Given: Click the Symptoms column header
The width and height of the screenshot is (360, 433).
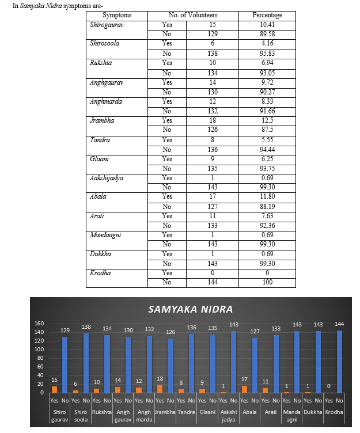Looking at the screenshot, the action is click(x=117, y=15).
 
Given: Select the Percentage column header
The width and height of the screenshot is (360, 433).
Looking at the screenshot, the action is click(x=267, y=15).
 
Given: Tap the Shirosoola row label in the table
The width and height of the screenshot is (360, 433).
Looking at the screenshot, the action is click(x=104, y=43).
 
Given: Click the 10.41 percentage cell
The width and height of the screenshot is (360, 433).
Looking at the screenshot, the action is click(x=267, y=25).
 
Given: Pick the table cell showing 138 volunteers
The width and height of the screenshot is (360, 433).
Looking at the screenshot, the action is click(x=213, y=54).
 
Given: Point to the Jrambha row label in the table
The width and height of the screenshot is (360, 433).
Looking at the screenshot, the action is click(x=102, y=120).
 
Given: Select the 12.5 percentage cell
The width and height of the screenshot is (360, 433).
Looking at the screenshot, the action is click(x=267, y=120).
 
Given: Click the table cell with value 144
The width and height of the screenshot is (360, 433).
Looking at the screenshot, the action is click(x=213, y=282).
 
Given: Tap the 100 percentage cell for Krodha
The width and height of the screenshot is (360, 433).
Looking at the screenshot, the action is click(x=267, y=282).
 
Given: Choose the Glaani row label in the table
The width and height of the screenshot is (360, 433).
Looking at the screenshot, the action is click(x=99, y=159).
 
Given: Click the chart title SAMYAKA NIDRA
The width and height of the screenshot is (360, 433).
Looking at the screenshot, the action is click(x=190, y=309).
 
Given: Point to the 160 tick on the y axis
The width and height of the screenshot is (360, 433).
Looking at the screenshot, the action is click(x=39, y=324).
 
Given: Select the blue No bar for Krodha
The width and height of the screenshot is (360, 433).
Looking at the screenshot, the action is click(x=339, y=362).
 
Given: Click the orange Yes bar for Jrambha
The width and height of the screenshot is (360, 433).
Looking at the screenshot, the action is click(x=160, y=389).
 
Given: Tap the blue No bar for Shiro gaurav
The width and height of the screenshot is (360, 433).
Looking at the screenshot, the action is click(x=65, y=365).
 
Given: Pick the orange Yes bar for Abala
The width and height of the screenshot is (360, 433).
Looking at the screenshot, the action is click(x=245, y=389).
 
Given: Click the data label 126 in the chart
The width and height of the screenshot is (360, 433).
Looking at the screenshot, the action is click(x=170, y=332).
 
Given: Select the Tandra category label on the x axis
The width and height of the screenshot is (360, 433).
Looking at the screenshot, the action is click(x=186, y=412).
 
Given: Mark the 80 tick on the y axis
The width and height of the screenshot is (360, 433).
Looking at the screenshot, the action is click(x=40, y=358).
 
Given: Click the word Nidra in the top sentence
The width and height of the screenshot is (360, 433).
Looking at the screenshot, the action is click(x=54, y=6).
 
